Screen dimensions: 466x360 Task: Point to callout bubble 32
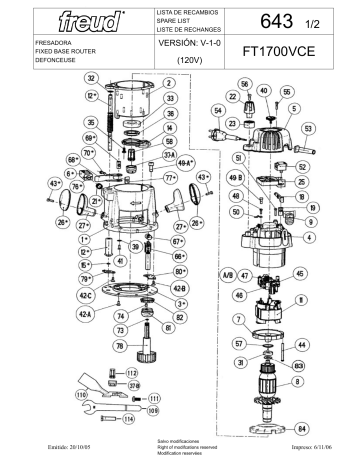click(91, 77)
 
